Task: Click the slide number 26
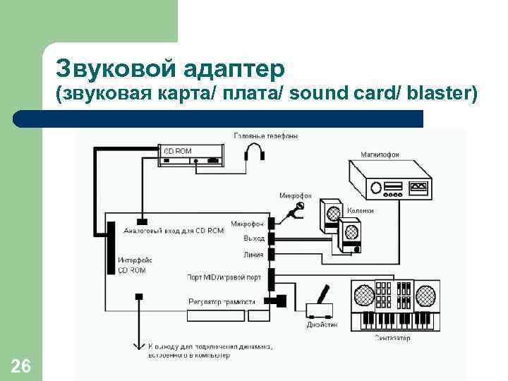click(x=21, y=365)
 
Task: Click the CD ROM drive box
click(x=191, y=155)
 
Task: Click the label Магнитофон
click(x=380, y=153)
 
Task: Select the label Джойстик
click(x=322, y=325)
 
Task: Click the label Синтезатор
click(x=392, y=339)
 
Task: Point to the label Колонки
click(x=361, y=210)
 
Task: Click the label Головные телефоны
click(x=266, y=135)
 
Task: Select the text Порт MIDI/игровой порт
click(x=224, y=277)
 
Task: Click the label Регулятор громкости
click(x=222, y=301)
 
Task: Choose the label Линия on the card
click(x=253, y=255)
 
